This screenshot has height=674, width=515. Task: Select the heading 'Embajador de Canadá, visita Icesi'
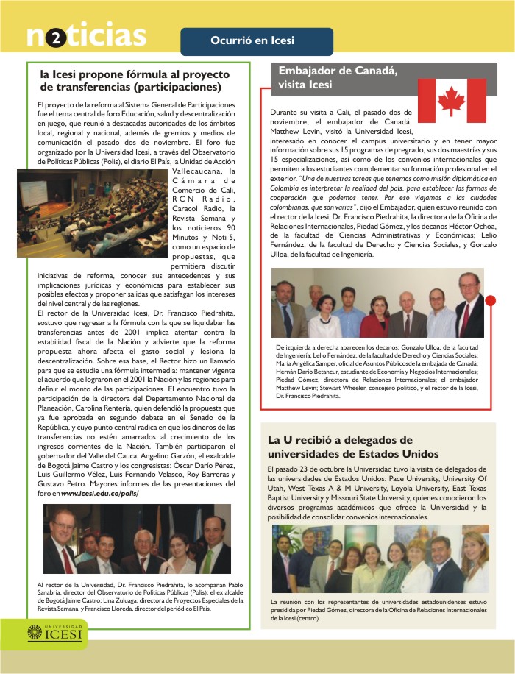pyautogui.click(x=338, y=77)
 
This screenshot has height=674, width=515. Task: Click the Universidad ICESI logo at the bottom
pyautogui.click(x=56, y=632)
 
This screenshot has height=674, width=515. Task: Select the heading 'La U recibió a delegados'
pyautogui.click(x=353, y=447)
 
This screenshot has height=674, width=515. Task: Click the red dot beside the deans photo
pyautogui.click(x=491, y=299)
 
